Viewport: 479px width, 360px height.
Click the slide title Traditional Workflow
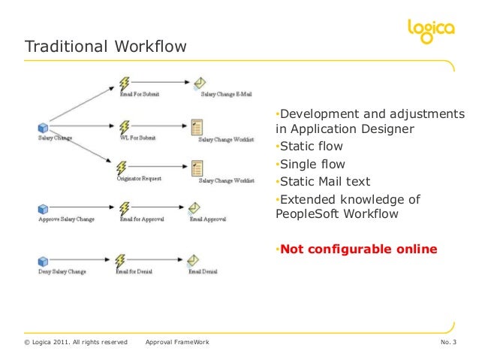[x=106, y=47]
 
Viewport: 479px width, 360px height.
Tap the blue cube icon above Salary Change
[x=43, y=128]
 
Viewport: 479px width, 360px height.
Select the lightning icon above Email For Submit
[x=125, y=84]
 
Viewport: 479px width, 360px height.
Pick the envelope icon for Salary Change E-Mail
[x=200, y=83]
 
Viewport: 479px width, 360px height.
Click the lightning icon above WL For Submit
[x=125, y=126]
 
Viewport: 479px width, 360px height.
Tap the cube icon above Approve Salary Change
[x=43, y=207]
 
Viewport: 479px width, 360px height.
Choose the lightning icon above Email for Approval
[x=125, y=207]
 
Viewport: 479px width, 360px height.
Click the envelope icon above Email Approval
[x=194, y=207]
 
